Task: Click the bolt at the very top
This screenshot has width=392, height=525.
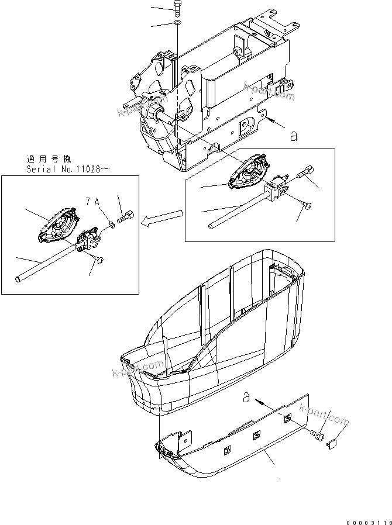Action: point(177,8)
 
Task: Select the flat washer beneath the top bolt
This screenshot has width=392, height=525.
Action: point(178,23)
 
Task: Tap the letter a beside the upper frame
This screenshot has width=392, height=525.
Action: point(293,136)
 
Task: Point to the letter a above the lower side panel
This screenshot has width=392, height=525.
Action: point(246,399)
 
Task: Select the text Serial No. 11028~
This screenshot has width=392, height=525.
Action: point(68,169)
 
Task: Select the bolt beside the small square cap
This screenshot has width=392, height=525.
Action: point(319,436)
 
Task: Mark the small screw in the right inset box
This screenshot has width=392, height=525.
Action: point(308,205)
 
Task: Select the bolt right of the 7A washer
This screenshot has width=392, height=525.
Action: point(126,218)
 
